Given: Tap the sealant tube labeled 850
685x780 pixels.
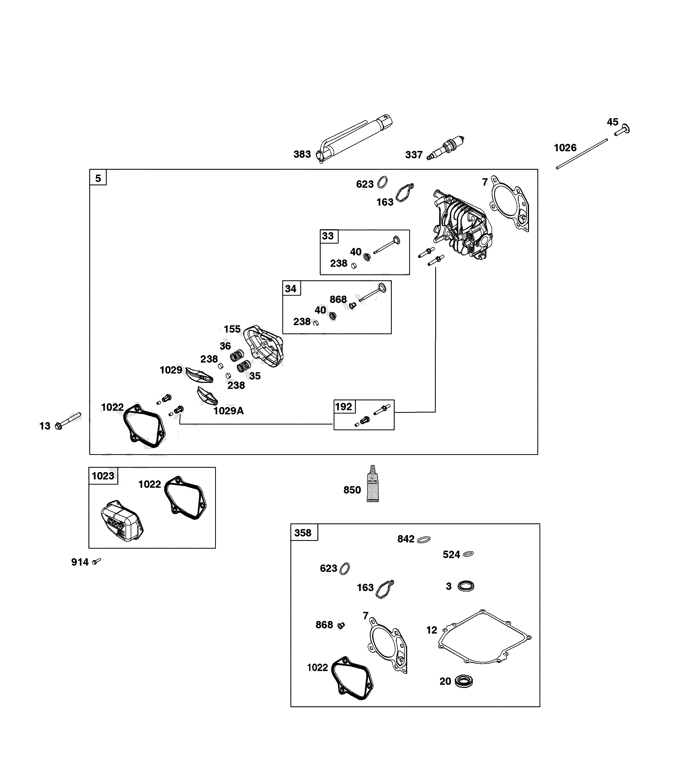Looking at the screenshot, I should click(373, 484).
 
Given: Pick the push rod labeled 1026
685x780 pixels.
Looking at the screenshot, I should click(581, 154).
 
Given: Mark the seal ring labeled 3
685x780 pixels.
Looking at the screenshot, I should click(466, 586).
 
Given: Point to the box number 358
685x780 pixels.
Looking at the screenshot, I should click(303, 533).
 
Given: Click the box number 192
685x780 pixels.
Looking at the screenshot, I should click(343, 407).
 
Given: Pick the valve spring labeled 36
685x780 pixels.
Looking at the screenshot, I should click(237, 356).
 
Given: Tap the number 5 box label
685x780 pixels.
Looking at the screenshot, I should click(98, 178).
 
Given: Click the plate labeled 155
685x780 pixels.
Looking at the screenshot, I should click(264, 345).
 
